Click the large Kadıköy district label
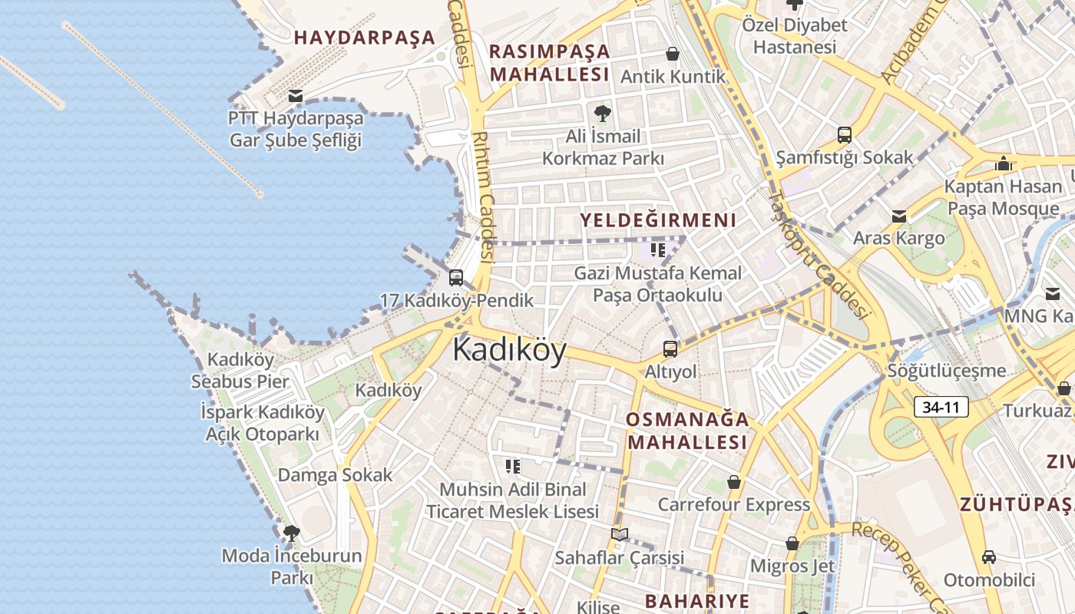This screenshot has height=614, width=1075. pos(509,350)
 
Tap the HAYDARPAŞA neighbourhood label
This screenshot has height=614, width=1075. pos(364,38)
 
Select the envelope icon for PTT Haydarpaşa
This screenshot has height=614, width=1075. pos(295,96)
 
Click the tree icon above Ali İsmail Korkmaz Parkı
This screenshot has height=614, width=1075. pos(603,114)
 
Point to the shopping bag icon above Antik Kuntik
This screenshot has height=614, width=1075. pos(673,54)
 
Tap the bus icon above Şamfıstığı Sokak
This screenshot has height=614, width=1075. pos(845,135)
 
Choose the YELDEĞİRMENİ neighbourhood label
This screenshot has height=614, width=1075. pos(658,220)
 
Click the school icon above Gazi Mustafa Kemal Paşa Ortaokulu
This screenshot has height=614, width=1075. pos(658,250)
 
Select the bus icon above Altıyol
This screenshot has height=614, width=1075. pos(670,349)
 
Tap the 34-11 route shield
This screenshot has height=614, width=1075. pos(941,408)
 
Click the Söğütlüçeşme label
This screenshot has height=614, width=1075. pos(947,371)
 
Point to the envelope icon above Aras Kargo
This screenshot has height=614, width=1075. pos(899,216)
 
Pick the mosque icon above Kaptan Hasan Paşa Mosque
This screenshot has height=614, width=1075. pos(1003,163)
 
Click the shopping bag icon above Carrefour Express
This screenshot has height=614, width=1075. pos(734,482)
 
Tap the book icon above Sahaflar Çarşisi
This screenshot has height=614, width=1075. pos(620,534)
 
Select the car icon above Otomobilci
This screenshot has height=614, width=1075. pos(989,557)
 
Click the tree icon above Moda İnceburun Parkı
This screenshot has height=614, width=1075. pos(291,533)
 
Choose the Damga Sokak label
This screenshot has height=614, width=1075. pos(335,475)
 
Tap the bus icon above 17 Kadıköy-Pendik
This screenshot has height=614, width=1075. pos(456,277)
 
